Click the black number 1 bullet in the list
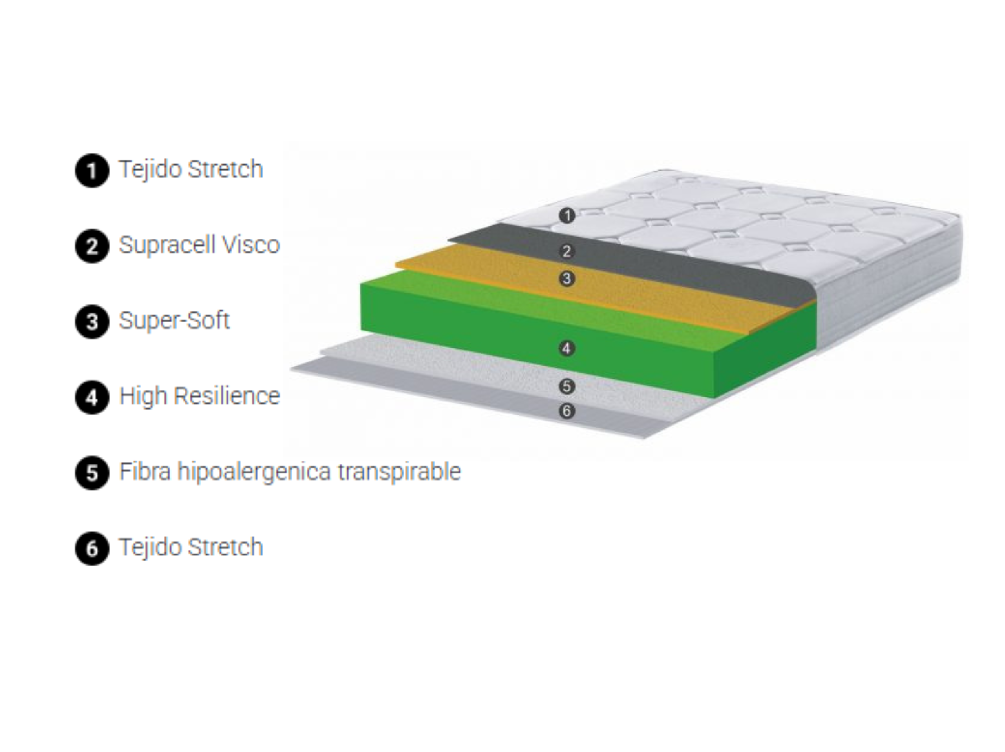click(92, 171)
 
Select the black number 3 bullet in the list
click(92, 322)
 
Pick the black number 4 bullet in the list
click(92, 398)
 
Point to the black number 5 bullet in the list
click(92, 473)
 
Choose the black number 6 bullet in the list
click(92, 548)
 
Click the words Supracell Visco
click(199, 245)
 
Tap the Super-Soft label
click(174, 320)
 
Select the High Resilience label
click(199, 396)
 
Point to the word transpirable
click(399, 472)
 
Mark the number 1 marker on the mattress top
click(566, 215)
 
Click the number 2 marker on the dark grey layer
click(566, 251)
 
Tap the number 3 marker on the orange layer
click(566, 279)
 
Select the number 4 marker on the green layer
click(566, 348)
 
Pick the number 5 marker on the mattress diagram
click(566, 386)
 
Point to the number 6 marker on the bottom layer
click(566, 411)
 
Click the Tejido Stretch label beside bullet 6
click(191, 548)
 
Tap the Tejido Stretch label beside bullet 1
click(191, 170)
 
